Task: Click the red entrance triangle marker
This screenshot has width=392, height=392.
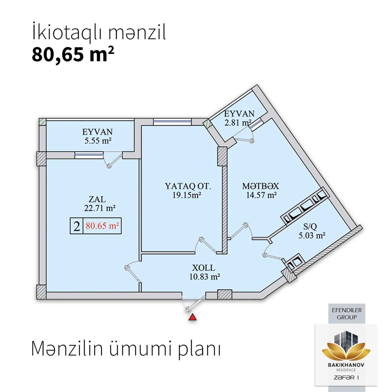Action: pyautogui.click(x=192, y=318)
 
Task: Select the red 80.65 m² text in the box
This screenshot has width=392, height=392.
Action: pyautogui.click(x=102, y=226)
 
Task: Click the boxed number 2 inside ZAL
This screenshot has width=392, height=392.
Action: pyautogui.click(x=76, y=226)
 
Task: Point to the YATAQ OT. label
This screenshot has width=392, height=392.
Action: pyautogui.click(x=188, y=186)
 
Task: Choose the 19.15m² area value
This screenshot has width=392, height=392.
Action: pyautogui.click(x=187, y=195)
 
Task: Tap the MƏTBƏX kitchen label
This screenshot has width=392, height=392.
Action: pyautogui.click(x=261, y=186)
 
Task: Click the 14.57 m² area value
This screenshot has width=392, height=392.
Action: pyautogui.click(x=261, y=195)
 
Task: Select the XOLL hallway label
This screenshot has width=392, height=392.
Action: pyautogui.click(x=204, y=268)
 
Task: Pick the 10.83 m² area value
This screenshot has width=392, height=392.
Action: pyautogui.click(x=204, y=277)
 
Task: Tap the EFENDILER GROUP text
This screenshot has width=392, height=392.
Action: pyautogui.click(x=347, y=314)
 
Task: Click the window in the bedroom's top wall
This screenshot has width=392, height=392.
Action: pyautogui.click(x=172, y=122)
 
